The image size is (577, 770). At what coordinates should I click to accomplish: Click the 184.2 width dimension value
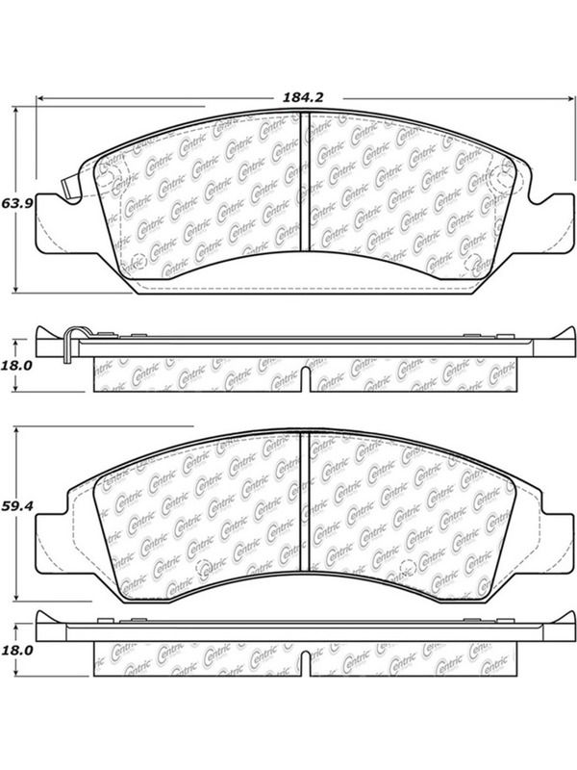tap(303, 98)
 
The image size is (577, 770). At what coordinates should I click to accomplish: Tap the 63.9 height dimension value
tap(17, 203)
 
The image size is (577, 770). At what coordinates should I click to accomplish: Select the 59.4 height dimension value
tap(17, 505)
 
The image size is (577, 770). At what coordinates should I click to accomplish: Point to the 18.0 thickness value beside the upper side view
tap(17, 366)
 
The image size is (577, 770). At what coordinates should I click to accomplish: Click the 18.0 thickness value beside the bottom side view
tap(17, 651)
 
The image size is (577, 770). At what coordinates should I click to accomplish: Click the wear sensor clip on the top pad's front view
tap(71, 186)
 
